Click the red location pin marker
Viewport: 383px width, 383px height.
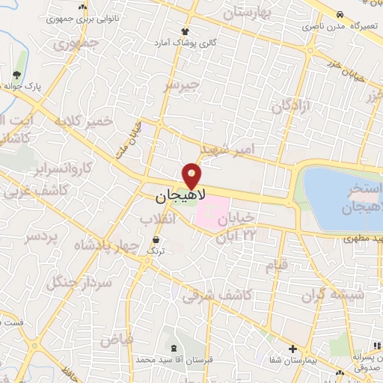[192, 177]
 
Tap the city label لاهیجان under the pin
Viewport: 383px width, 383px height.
[177, 197]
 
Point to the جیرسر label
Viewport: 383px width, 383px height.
[183, 86]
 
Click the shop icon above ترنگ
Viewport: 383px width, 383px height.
[156, 239]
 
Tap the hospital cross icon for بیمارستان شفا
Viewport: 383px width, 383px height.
[292, 349]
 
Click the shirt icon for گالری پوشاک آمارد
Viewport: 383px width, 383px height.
[185, 31]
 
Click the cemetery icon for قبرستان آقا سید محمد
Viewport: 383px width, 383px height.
[174, 349]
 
